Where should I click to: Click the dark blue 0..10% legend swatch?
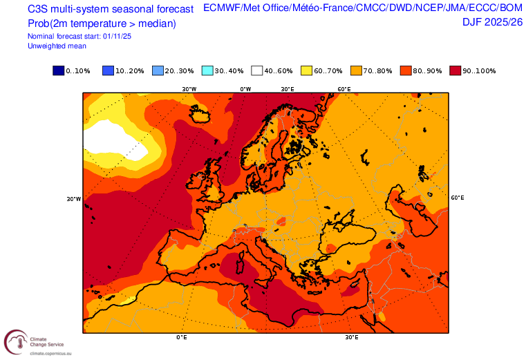(x=58, y=70)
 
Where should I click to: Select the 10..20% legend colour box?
(x=108, y=70)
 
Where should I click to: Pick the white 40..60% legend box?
(x=257, y=70)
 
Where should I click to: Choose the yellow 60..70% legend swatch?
(x=307, y=70)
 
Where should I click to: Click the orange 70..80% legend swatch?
(x=357, y=70)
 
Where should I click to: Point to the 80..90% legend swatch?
(x=406, y=70)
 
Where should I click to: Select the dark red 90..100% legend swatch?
(x=456, y=70)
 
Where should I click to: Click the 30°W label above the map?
(x=189, y=89)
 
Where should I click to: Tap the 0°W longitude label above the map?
(x=245, y=89)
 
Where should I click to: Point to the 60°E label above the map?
(x=343, y=89)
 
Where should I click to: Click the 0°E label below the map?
(x=182, y=338)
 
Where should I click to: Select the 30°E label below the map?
(x=351, y=338)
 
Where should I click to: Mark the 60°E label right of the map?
(x=457, y=198)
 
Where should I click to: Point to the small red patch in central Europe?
(x=281, y=221)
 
